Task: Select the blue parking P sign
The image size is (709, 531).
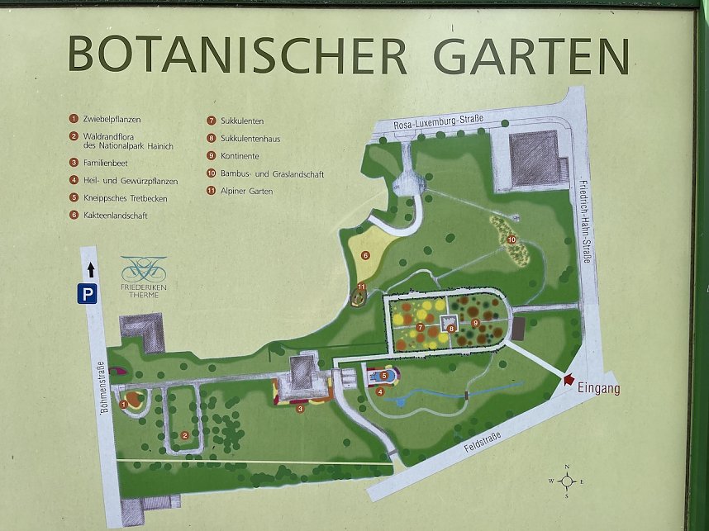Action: (x=88, y=293)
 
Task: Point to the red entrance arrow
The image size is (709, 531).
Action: (x=568, y=380)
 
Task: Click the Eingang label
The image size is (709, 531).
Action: (x=600, y=386)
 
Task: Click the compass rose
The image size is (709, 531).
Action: (x=567, y=481)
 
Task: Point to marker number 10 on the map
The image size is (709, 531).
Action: (x=512, y=240)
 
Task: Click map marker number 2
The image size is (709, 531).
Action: (x=185, y=435)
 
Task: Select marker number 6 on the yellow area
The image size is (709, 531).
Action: (x=364, y=256)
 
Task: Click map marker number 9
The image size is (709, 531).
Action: (x=475, y=323)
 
